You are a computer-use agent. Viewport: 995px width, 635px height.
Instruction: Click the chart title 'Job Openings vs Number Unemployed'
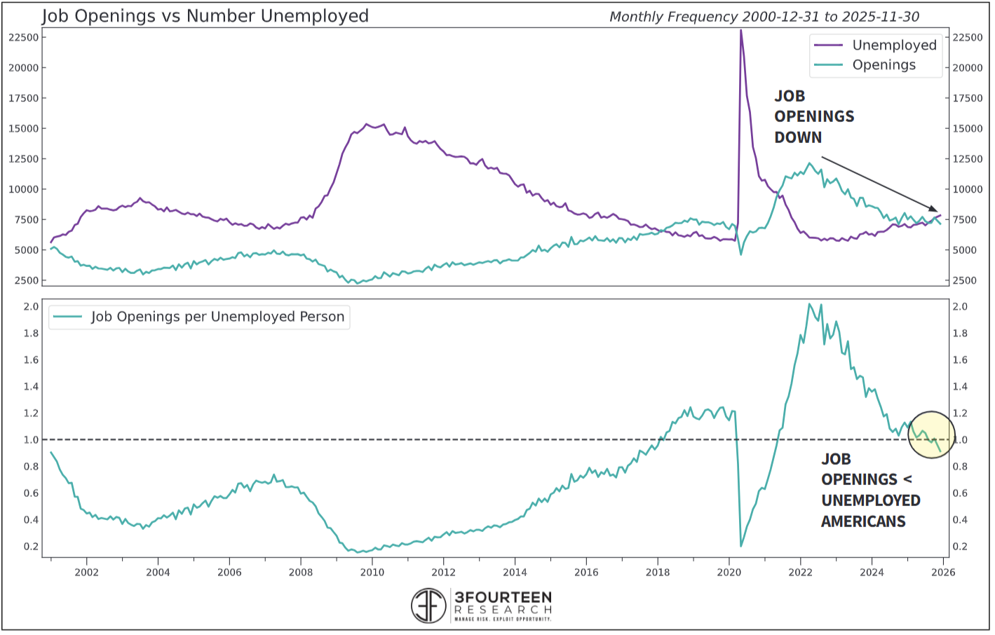tap(205, 16)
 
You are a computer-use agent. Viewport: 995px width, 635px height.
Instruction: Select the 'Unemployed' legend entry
tap(893, 46)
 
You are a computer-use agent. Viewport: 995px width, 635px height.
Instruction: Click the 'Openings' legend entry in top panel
tap(884, 65)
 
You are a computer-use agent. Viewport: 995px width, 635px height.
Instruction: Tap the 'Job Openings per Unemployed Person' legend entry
tap(217, 317)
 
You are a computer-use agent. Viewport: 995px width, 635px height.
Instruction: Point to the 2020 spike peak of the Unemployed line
tap(740, 31)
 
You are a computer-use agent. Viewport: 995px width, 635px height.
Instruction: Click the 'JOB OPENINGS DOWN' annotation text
tap(813, 116)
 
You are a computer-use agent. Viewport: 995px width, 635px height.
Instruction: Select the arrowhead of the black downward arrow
tap(934, 209)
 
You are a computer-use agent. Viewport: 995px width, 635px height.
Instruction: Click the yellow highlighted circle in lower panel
tap(931, 435)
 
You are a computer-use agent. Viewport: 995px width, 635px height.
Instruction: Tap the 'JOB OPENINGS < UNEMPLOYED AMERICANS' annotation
tap(870, 490)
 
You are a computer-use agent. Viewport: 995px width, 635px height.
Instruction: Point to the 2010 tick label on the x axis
tap(372, 572)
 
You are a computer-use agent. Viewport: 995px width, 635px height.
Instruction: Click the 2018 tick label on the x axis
tap(657, 572)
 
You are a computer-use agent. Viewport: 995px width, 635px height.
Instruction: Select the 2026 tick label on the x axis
tap(942, 572)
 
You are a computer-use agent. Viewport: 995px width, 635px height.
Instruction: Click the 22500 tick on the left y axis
tap(23, 38)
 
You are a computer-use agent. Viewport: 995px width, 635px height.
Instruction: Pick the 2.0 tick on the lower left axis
tap(31, 307)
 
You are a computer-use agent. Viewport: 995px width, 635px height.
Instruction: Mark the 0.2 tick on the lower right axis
tap(960, 547)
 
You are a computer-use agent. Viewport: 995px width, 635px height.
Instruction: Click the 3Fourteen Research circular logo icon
tap(428, 606)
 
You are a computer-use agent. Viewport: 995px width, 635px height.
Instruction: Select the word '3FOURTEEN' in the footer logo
tap(503, 597)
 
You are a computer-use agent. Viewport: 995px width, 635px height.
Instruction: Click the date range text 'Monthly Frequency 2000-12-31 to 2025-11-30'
tap(764, 17)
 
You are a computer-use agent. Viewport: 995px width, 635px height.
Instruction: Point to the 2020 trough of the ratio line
tap(741, 546)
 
